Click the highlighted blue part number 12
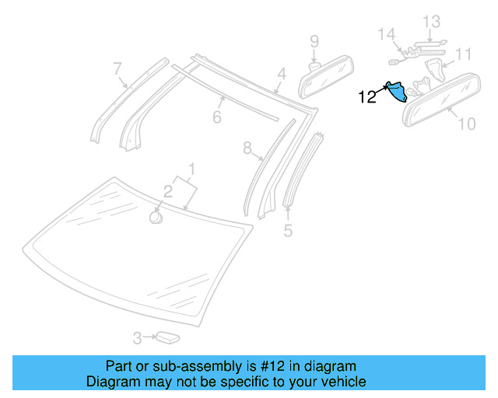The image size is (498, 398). (397, 93)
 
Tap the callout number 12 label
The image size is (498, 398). (367, 97)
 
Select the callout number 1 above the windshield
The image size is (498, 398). (192, 169)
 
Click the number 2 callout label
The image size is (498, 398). (167, 191)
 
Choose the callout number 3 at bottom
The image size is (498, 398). (137, 338)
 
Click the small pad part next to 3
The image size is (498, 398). (167, 337)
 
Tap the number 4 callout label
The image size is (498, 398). (282, 75)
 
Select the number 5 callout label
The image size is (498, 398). (288, 231)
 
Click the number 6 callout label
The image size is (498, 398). (217, 117)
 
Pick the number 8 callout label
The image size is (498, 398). (247, 148)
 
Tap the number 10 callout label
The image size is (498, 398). (465, 123)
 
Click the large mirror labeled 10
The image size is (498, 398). (442, 98)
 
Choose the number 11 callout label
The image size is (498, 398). (464, 54)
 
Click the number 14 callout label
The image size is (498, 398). (387, 34)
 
